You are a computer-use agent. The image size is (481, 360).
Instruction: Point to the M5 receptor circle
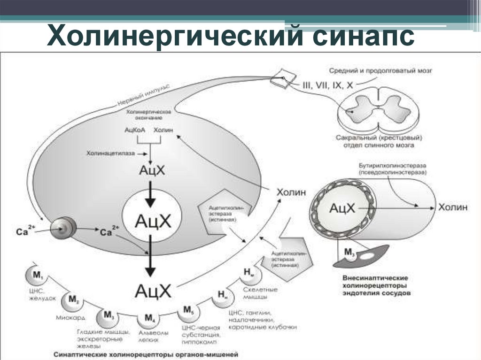(x=188, y=311)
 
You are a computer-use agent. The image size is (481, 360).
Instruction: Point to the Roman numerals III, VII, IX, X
(x=327, y=86)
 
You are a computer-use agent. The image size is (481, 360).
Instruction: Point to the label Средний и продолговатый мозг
(x=380, y=71)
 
